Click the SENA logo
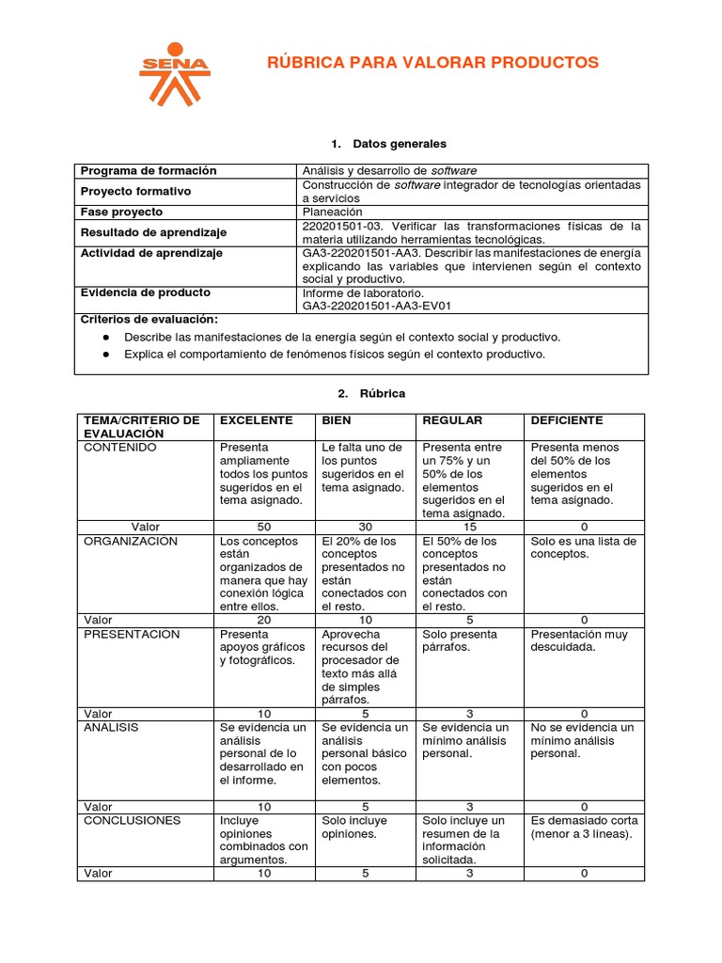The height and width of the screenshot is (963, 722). [174, 73]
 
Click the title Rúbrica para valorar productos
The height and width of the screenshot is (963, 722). [432, 63]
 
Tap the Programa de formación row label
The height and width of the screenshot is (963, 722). [149, 170]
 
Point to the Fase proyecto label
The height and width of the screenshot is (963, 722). [121, 212]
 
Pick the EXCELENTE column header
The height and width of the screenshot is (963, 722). [256, 420]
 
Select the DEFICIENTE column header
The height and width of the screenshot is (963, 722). [567, 420]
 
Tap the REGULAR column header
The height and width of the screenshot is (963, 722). [452, 420]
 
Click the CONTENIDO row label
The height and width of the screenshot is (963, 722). [119, 448]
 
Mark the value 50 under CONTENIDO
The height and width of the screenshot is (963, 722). [263, 528]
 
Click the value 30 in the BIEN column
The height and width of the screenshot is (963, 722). [366, 528]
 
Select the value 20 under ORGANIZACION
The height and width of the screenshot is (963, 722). [263, 621]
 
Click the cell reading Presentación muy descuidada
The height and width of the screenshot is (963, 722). [579, 640]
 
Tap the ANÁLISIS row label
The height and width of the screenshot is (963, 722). [111, 727]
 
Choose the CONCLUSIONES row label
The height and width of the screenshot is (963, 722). [132, 820]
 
